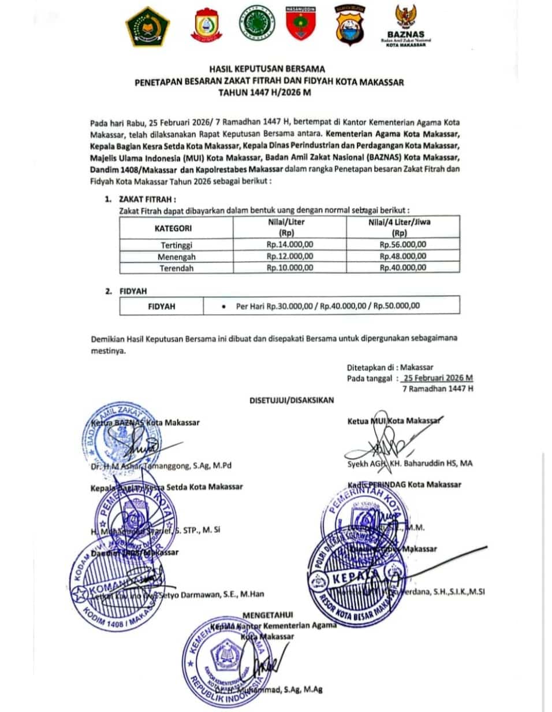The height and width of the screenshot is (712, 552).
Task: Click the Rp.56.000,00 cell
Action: click(402, 244)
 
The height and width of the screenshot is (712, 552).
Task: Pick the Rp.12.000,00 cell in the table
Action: click(290, 256)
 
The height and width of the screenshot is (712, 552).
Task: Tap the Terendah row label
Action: click(177, 268)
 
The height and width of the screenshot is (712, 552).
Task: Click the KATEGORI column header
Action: click(177, 229)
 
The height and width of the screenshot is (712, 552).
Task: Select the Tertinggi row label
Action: click(177, 244)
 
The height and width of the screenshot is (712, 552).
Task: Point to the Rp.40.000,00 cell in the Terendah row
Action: click(402, 268)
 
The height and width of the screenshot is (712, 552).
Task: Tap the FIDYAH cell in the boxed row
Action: click(162, 305)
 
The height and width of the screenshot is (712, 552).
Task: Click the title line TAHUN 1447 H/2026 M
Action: click(269, 92)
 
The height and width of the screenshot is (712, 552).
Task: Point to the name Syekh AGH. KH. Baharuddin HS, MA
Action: click(410, 463)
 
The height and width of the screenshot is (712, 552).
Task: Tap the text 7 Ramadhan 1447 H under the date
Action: click(438, 389)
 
